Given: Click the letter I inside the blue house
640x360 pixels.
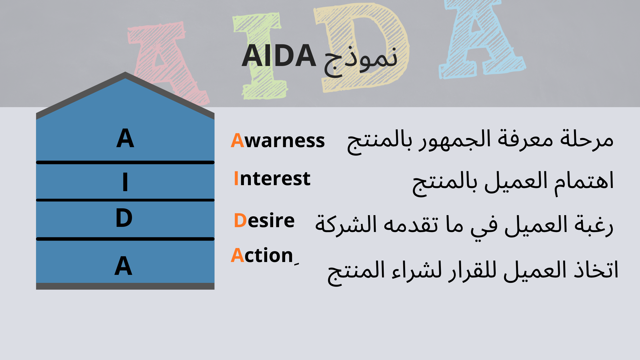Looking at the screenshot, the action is click(125, 182).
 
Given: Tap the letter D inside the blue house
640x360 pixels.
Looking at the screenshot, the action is click(124, 218).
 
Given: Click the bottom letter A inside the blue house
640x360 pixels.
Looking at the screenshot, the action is click(123, 266).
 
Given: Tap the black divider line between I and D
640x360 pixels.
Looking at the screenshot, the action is click(125, 200).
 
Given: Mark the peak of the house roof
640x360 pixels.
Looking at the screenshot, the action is click(125, 72).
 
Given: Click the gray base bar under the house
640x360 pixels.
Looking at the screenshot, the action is click(125, 286).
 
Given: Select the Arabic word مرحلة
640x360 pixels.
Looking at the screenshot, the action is click(587, 139).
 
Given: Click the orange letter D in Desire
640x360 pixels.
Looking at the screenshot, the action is click(240, 221).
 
